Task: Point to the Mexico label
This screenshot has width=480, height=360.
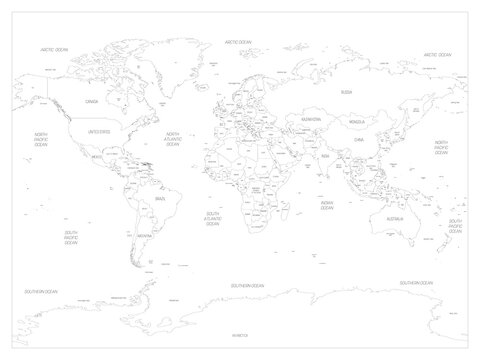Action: coord(97,156)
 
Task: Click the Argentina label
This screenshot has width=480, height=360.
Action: coord(141,237)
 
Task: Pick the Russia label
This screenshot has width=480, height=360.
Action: coord(347,91)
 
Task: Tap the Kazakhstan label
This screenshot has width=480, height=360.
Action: coord(310,119)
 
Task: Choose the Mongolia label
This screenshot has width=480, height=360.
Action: coord(354,122)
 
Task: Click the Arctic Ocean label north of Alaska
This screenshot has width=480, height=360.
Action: coord(53,49)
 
